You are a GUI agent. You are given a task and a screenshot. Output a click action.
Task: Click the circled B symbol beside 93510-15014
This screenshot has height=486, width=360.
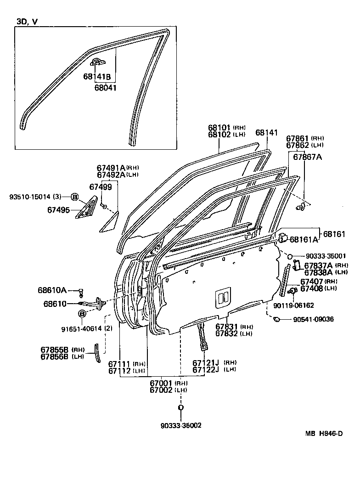(x=74, y=197)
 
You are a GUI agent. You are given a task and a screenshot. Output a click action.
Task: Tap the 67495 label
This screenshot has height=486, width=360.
(x=58, y=210)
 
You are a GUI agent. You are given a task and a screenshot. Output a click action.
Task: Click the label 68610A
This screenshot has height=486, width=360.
(x=52, y=290)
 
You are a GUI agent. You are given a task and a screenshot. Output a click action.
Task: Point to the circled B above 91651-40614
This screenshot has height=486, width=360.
(x=81, y=314)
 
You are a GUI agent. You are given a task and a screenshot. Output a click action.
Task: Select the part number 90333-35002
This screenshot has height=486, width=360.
(x=180, y=425)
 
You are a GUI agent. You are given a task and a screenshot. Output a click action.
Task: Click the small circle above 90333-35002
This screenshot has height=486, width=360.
(x=181, y=407)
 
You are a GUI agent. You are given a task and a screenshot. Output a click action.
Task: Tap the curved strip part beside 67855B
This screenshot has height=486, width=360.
(x=97, y=353)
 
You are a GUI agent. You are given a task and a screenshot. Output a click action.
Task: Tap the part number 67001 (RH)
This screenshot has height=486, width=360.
(x=162, y=383)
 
